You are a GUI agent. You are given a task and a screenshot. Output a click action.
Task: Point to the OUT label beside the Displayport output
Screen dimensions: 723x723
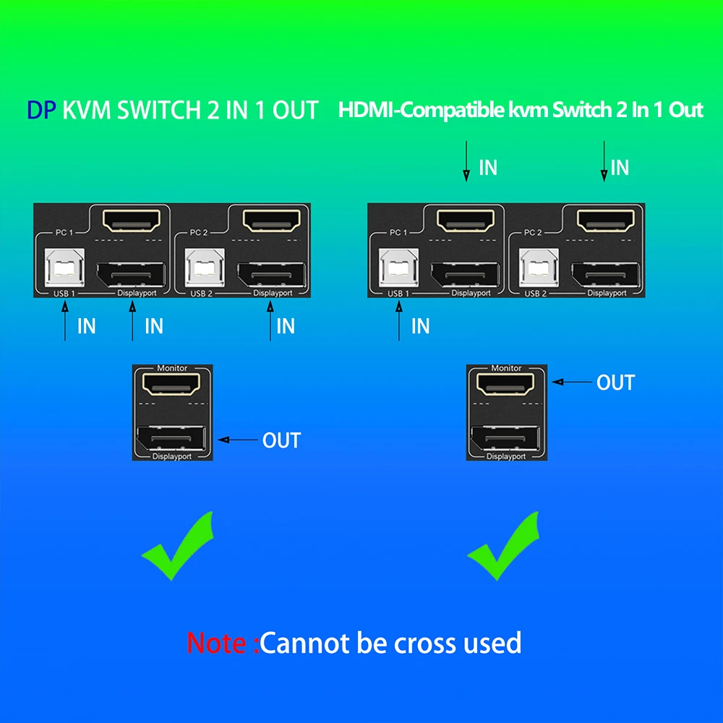coord(281,440)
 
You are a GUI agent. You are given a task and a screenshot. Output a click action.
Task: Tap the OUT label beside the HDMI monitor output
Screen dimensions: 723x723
coord(615,382)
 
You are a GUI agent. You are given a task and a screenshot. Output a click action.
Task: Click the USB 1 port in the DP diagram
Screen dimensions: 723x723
coord(64,268)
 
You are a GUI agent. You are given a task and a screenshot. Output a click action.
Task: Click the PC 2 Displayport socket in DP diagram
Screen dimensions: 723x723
coord(272,274)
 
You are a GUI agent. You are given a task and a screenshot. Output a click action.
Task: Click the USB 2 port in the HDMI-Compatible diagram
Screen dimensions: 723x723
coord(536,268)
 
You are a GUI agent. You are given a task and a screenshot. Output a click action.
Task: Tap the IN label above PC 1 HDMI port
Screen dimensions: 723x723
coord(489,168)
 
